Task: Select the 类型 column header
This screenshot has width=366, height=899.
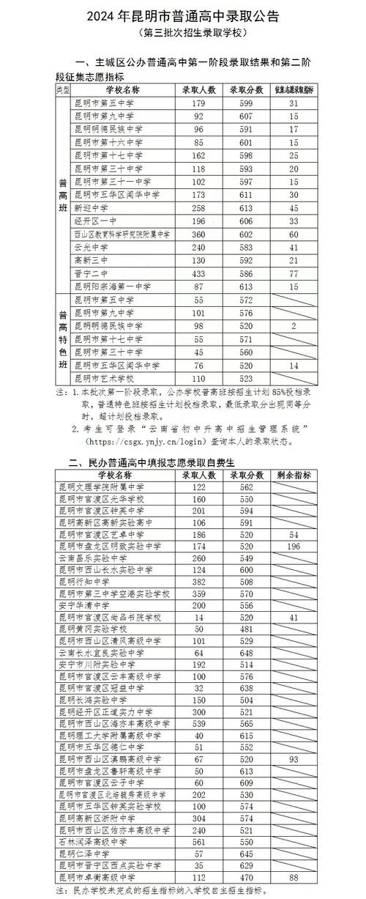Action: (63, 89)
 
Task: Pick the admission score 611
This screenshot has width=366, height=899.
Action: (244, 195)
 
